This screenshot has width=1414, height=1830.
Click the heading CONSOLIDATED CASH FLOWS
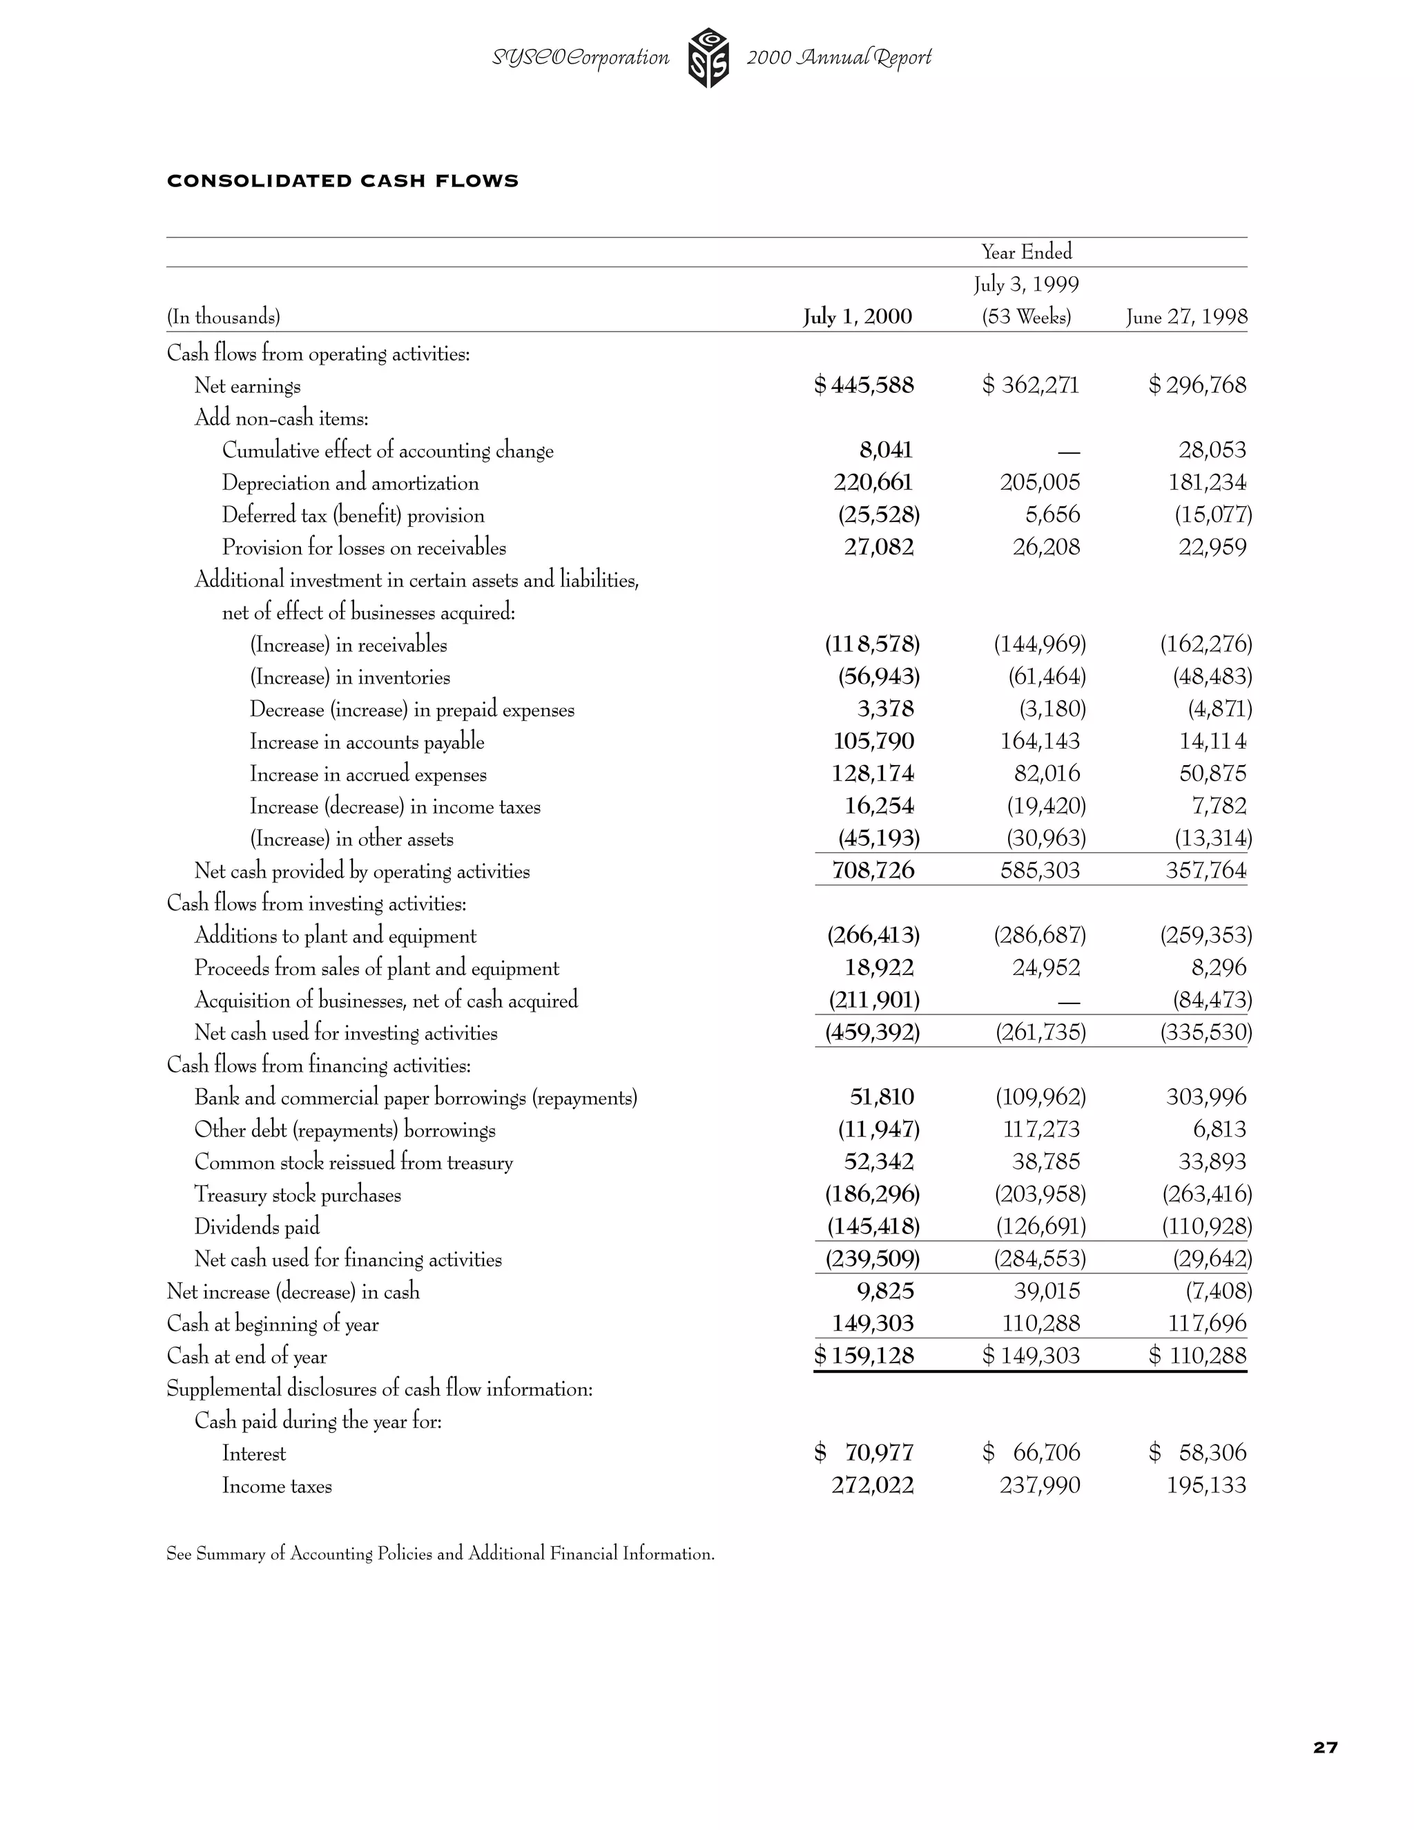[x=342, y=181]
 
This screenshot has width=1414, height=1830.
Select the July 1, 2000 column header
[x=857, y=317]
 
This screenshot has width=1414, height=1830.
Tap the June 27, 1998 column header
[x=1186, y=317]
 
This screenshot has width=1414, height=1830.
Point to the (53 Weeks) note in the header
[x=1026, y=318]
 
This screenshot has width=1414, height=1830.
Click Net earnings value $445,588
[x=864, y=385]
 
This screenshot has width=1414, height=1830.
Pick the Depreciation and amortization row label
[x=350, y=483]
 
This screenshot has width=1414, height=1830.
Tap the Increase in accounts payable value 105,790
[x=873, y=742]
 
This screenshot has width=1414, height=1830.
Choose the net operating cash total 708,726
[x=873, y=871]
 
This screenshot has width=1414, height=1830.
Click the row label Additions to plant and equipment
[x=335, y=936]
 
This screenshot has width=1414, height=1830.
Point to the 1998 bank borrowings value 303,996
[x=1205, y=1097]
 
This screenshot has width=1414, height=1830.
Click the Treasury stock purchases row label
[x=298, y=1195]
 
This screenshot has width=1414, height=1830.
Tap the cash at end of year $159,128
[x=864, y=1356]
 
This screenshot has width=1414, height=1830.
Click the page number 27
[x=1325, y=1748]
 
